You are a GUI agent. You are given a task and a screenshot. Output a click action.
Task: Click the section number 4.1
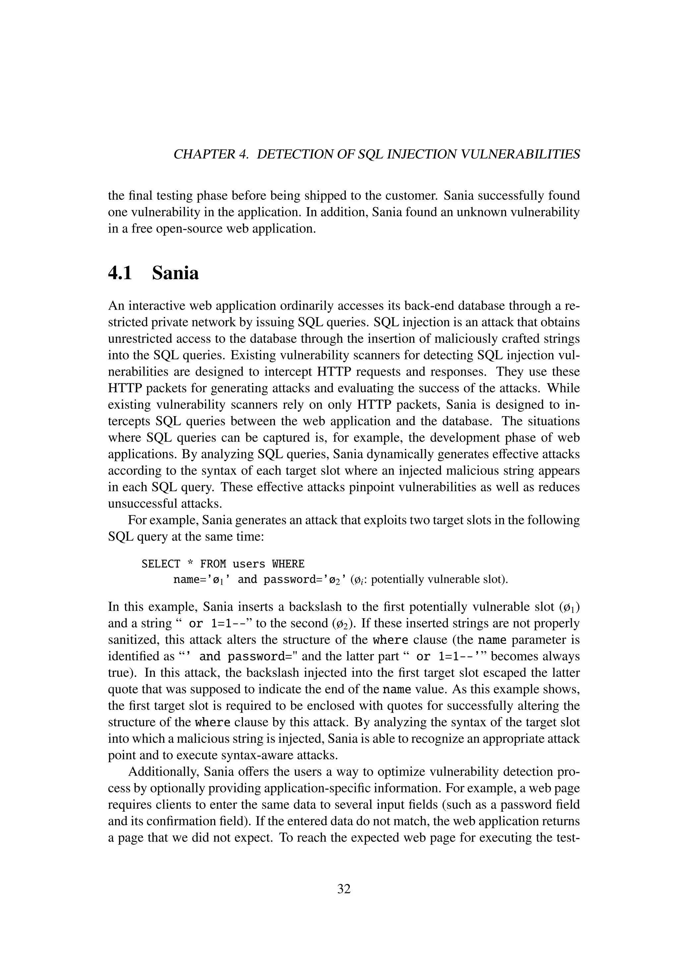point(120,274)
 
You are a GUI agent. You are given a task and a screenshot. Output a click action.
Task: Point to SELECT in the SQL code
point(161,564)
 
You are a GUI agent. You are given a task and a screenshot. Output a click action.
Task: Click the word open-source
point(187,229)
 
